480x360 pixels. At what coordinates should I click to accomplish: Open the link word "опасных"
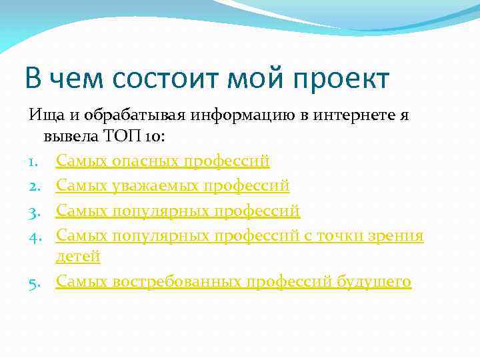(146, 161)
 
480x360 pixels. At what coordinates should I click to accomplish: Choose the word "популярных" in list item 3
(160, 211)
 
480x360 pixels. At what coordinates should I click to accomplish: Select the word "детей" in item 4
(78, 256)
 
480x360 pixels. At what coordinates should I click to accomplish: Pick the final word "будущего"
(375, 282)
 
